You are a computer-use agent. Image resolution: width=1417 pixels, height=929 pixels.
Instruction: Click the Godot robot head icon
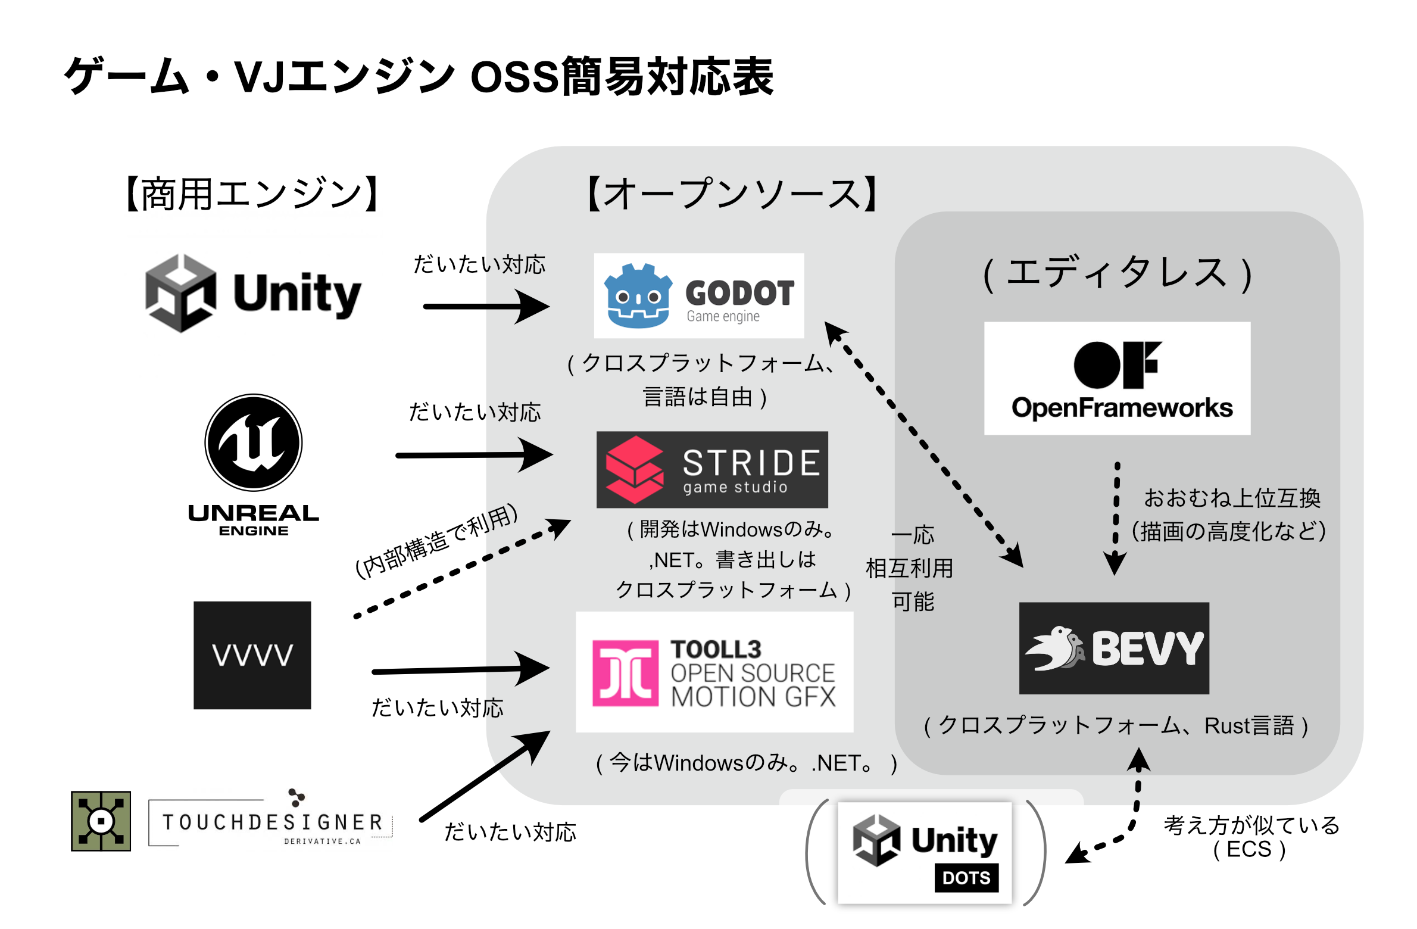click(x=638, y=296)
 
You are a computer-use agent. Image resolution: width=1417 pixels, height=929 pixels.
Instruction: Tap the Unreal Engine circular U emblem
click(x=254, y=442)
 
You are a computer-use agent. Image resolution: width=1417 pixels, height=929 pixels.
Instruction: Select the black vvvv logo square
click(x=252, y=655)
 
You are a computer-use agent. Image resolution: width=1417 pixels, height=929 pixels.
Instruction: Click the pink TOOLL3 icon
click(x=625, y=673)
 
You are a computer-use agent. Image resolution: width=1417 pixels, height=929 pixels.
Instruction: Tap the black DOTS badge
click(x=966, y=878)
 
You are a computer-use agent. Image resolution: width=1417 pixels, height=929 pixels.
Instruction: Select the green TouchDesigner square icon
click(x=101, y=821)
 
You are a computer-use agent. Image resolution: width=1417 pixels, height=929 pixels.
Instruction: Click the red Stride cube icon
click(x=634, y=470)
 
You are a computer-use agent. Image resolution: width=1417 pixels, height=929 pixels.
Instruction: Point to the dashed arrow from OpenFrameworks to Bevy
click(x=1116, y=518)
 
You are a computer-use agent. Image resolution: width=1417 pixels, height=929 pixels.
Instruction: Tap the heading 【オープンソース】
click(x=732, y=194)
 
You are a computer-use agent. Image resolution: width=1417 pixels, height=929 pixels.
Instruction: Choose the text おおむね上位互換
click(x=1232, y=498)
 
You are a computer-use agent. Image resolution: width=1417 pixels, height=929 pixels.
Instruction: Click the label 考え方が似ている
click(x=1251, y=825)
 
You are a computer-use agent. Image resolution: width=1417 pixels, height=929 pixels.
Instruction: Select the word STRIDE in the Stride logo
click(x=751, y=463)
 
